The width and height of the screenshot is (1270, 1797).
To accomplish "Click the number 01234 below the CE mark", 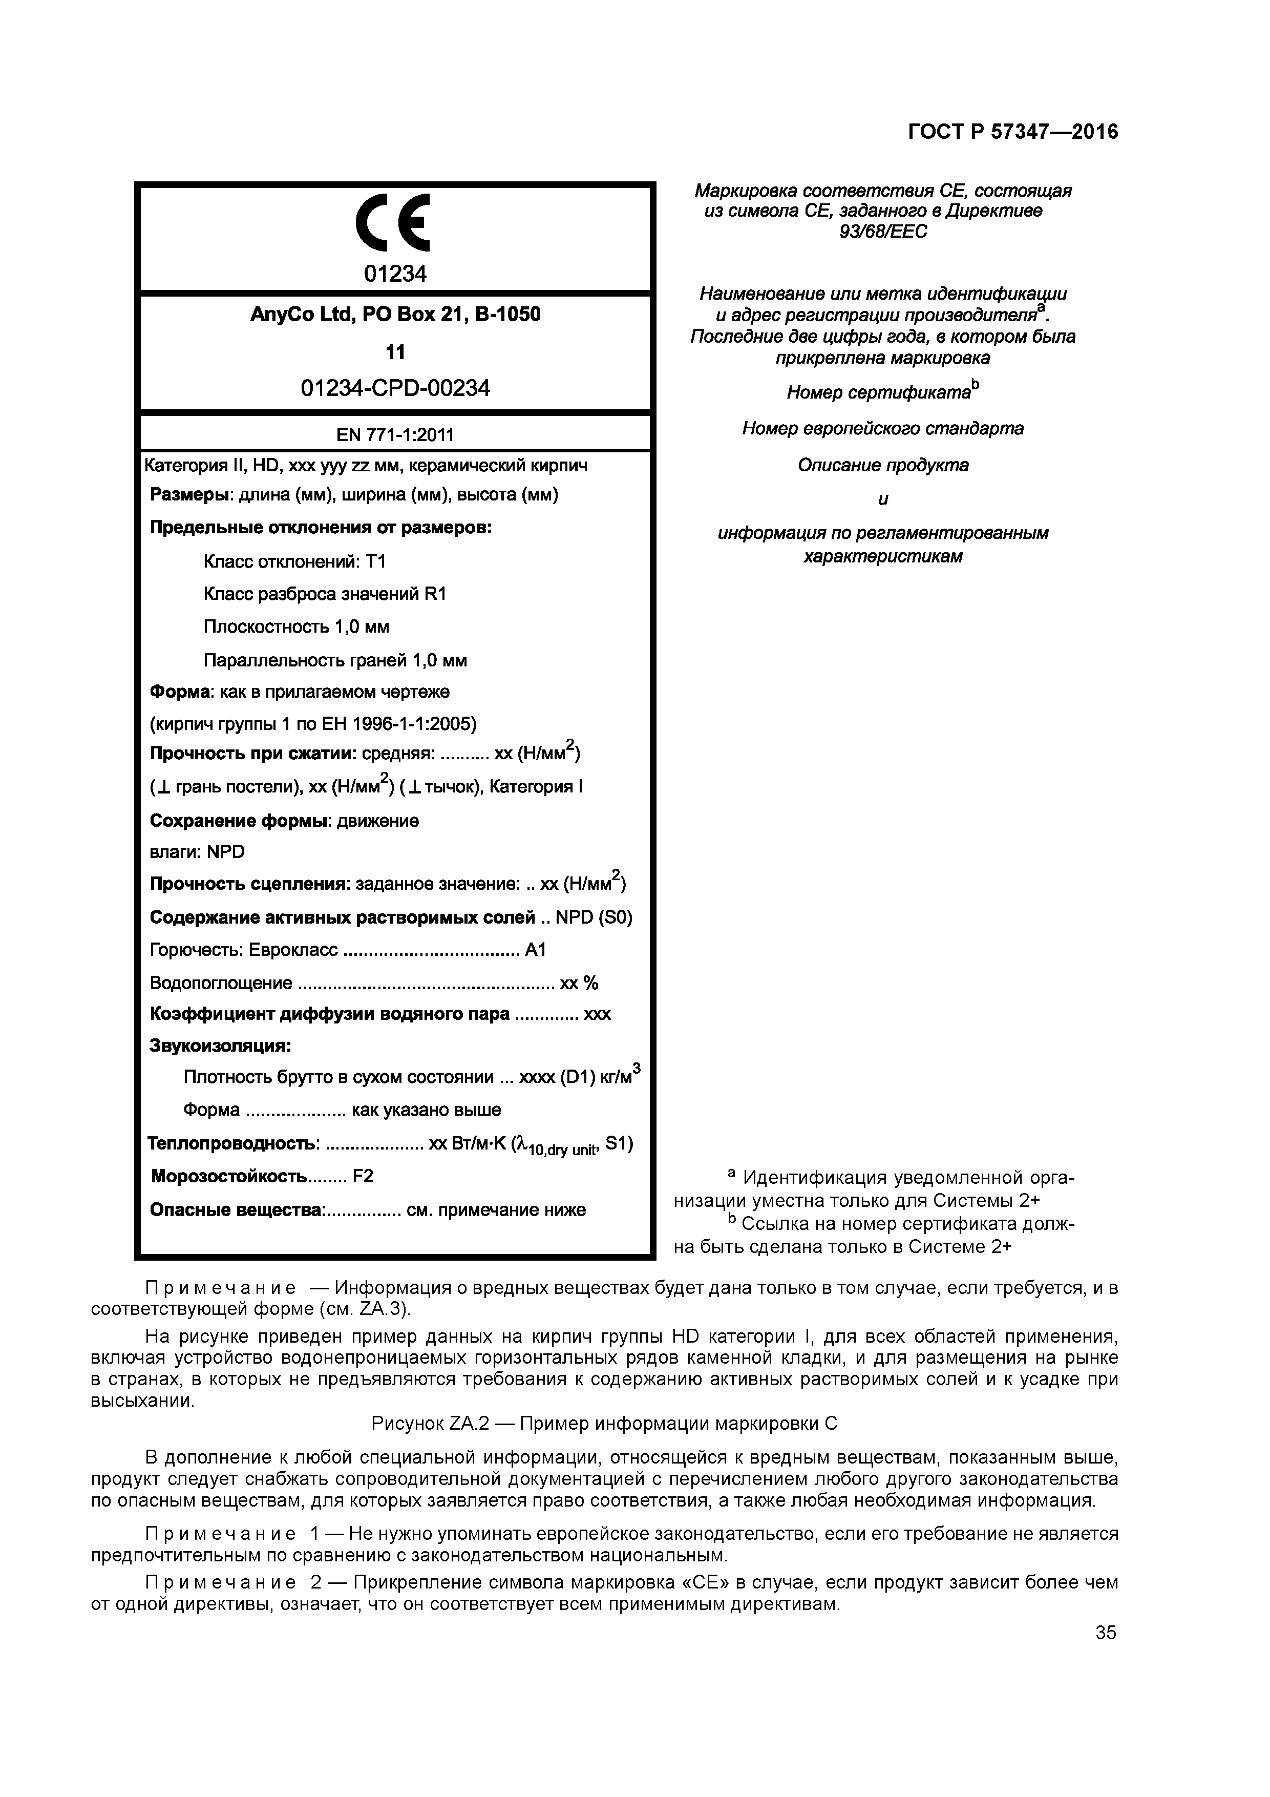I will click(395, 274).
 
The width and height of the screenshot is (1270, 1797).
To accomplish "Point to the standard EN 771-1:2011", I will click(395, 435).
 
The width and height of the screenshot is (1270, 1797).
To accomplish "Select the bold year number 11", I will click(395, 352).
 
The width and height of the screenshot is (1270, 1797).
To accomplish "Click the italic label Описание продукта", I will click(883, 466).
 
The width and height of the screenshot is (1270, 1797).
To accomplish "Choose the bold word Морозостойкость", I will click(228, 1176).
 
